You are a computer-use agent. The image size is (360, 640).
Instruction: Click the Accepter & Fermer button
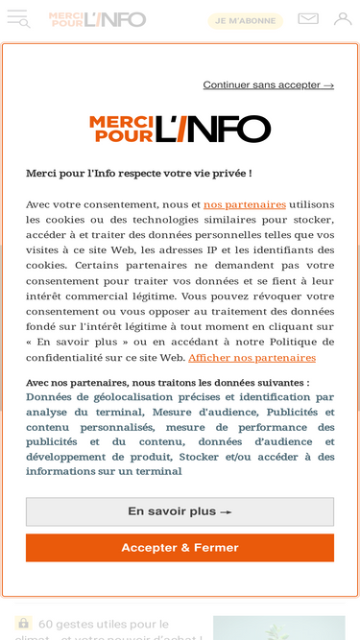pos(180,548)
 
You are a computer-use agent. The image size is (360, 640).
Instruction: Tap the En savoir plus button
pos(180,511)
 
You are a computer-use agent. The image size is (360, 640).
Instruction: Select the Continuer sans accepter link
pos(268,85)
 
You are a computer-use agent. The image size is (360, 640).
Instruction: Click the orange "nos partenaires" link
pos(245,204)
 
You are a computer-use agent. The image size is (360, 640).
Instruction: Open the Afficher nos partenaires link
pos(252,358)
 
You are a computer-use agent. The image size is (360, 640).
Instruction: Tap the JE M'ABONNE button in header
pos(246,20)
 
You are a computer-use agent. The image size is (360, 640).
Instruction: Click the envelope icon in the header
pos(308,19)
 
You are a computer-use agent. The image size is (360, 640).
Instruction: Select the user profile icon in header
pos(343,19)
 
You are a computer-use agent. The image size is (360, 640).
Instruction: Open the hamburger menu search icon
pos(18,19)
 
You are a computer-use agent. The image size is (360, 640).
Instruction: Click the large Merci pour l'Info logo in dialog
pos(180,129)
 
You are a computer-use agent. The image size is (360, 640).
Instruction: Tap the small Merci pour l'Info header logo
pos(97,19)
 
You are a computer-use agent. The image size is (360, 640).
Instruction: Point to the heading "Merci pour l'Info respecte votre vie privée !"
pos(138,174)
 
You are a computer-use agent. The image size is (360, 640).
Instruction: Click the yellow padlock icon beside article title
pos(24,624)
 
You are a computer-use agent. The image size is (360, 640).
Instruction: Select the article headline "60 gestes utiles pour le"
pos(104,624)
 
